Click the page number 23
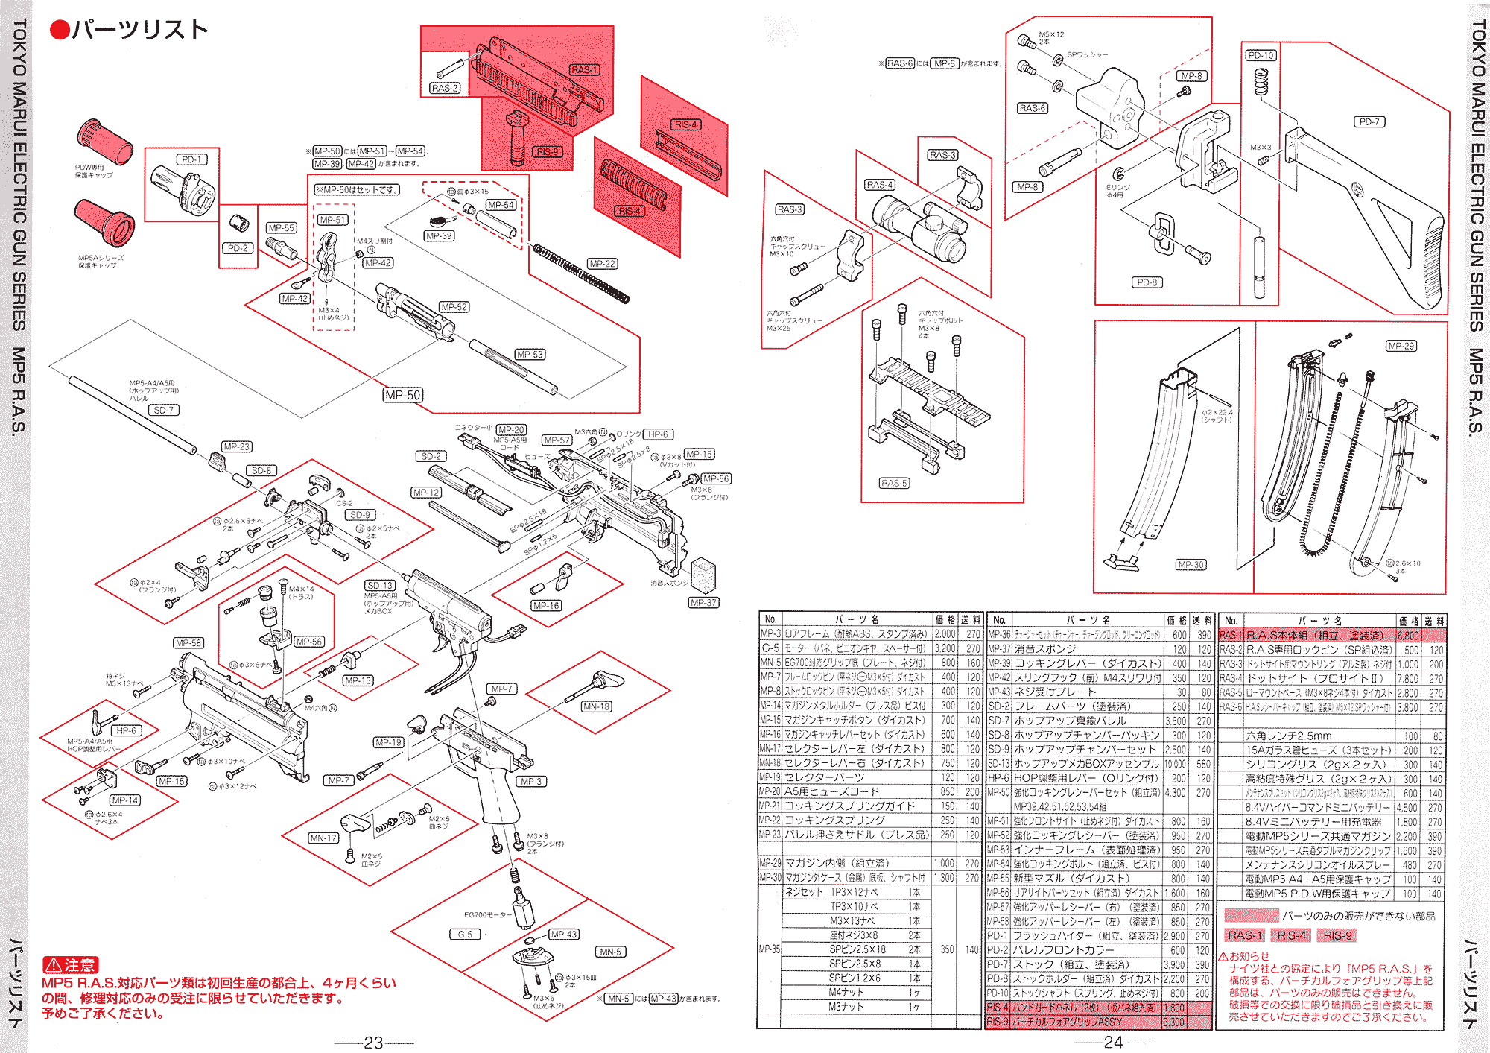[373, 1043]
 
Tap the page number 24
[1113, 1042]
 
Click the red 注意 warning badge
[71, 965]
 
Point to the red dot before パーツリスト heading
[60, 30]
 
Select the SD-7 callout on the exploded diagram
[163, 410]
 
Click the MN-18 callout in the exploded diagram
[596, 706]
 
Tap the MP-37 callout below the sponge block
[703, 602]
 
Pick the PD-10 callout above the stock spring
[1261, 55]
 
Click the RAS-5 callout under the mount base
[894, 483]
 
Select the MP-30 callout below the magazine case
[1191, 564]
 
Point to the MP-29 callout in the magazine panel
[1401, 346]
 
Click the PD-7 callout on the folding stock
[1369, 121]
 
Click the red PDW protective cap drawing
[104, 141]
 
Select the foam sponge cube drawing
[703, 575]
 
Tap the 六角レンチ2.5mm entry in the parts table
[1288, 736]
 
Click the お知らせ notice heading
[1249, 956]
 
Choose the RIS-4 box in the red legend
[1291, 935]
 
